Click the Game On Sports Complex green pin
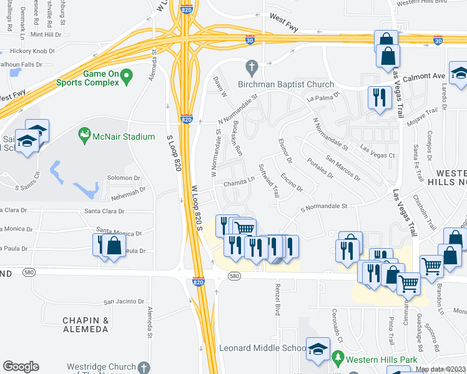click(x=127, y=78)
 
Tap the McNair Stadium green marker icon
click(x=84, y=134)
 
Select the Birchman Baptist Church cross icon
click(x=252, y=65)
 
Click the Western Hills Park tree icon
click(x=338, y=358)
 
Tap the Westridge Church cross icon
click(x=144, y=367)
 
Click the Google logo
click(x=21, y=367)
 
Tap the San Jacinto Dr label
click(x=124, y=301)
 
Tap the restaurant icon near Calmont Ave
click(x=380, y=98)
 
